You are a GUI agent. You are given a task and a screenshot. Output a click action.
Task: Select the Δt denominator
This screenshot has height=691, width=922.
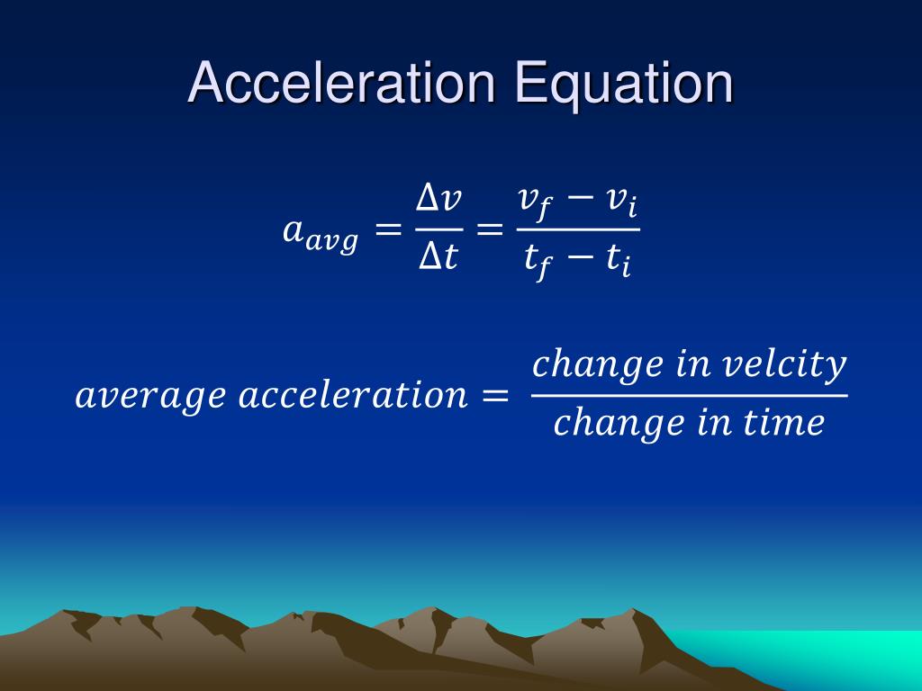439,259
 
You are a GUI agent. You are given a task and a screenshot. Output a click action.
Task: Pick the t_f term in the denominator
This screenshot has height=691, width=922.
537,263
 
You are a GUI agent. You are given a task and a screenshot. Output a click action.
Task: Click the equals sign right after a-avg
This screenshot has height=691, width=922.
387,231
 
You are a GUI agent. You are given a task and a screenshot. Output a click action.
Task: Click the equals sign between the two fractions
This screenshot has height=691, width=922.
489,231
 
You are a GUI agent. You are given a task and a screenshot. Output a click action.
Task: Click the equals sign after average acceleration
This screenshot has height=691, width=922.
495,396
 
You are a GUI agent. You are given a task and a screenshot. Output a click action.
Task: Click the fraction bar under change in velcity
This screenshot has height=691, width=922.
689,395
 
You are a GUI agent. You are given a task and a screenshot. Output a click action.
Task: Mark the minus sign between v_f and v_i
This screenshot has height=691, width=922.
579,200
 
